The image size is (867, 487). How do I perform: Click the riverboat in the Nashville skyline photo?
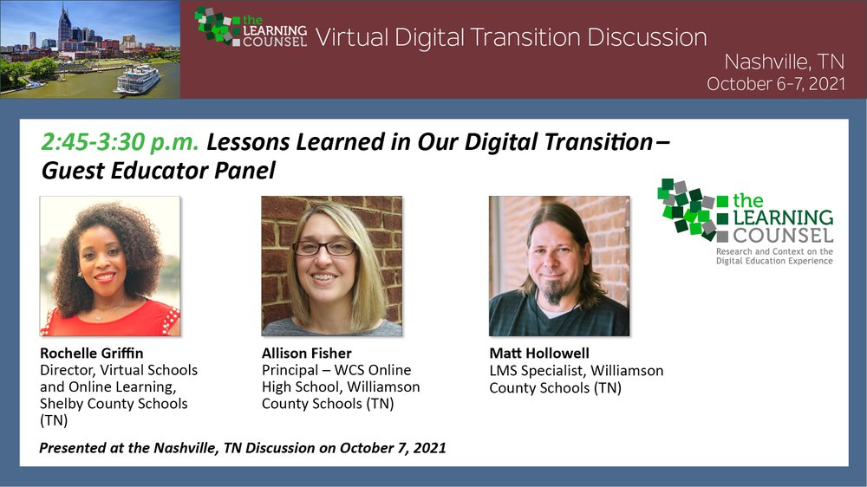coord(138,80)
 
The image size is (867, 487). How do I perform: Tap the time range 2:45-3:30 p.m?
coord(120,142)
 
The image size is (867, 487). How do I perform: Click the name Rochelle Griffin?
coord(92,353)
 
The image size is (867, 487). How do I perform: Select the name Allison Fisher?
coord(307,353)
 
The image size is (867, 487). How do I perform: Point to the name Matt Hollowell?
coord(539,353)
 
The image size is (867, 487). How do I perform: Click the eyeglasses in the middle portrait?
coord(324,248)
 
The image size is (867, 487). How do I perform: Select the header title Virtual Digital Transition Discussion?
coord(511,37)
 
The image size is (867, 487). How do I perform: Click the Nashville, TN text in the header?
coord(784,62)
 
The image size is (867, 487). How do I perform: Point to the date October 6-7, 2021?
coord(776,83)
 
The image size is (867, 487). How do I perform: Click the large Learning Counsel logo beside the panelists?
coord(746,221)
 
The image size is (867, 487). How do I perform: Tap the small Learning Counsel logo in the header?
coord(251,26)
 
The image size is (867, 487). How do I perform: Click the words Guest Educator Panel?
coord(158,170)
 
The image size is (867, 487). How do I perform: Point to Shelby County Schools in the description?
coord(114,404)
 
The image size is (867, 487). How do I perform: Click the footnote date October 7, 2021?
coord(393,448)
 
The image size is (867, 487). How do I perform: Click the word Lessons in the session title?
coord(249,142)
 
